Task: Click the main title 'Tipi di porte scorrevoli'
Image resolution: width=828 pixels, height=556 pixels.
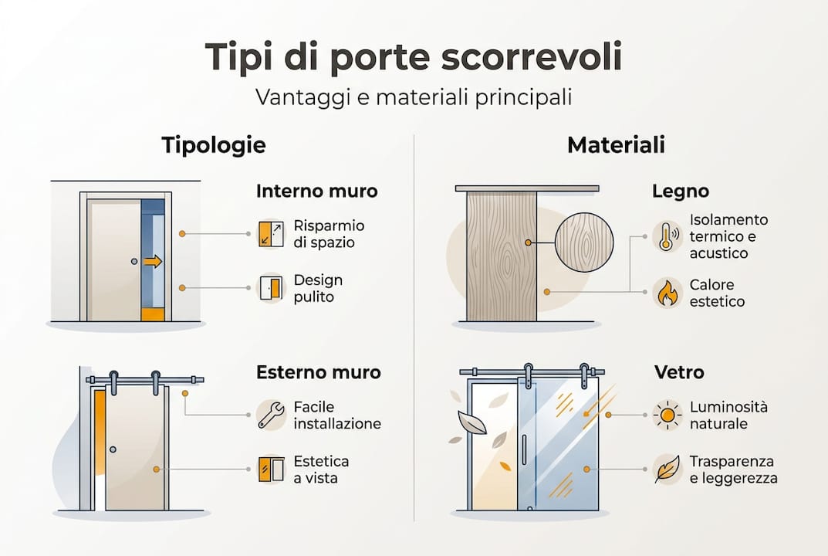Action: click(414, 58)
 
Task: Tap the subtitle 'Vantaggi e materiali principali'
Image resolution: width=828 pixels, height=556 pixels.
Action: click(414, 99)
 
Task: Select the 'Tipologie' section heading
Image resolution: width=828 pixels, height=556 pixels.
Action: click(214, 145)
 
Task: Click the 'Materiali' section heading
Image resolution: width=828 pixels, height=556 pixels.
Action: click(616, 145)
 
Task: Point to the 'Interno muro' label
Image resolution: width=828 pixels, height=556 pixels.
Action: click(316, 191)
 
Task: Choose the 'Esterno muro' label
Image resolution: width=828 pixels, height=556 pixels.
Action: click(318, 373)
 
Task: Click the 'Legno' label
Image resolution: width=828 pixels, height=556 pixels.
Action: click(680, 191)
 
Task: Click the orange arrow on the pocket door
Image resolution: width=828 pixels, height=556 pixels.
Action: click(153, 262)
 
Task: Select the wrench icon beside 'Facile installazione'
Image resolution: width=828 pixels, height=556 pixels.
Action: click(271, 415)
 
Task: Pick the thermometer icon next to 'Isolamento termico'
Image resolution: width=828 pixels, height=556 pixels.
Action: click(666, 236)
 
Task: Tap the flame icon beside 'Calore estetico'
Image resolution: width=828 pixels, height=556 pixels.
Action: click(666, 293)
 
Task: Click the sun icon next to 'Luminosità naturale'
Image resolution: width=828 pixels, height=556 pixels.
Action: click(666, 415)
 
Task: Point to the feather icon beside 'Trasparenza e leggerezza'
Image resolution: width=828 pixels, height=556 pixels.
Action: click(666, 470)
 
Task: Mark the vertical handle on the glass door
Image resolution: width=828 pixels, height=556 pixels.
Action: click(524, 449)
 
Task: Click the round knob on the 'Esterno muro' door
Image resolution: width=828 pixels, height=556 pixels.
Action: click(113, 449)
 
